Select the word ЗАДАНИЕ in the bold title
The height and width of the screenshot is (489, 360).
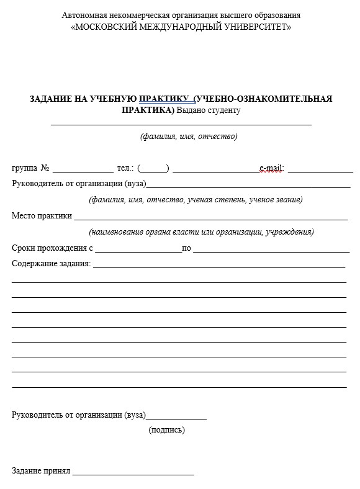pyautogui.click(x=51, y=99)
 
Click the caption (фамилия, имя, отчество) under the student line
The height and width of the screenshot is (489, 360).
pyautogui.click(x=189, y=137)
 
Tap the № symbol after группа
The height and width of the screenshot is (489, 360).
pyautogui.click(x=45, y=168)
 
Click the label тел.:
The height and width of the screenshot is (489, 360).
pyautogui.click(x=125, y=168)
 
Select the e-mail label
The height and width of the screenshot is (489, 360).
pyautogui.click(x=271, y=168)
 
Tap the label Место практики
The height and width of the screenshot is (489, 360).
pyautogui.click(x=42, y=216)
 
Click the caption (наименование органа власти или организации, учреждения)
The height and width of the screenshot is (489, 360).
pyautogui.click(x=201, y=232)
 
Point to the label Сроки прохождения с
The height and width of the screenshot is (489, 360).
pyautogui.click(x=52, y=248)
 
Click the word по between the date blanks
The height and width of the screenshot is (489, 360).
pyautogui.click(x=186, y=248)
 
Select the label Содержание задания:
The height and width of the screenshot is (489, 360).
pyautogui.click(x=52, y=264)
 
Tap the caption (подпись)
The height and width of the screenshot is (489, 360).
pyautogui.click(x=166, y=429)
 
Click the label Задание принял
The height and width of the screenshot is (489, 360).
pyautogui.click(x=41, y=471)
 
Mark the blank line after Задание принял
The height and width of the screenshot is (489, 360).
pyautogui.click(x=133, y=473)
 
